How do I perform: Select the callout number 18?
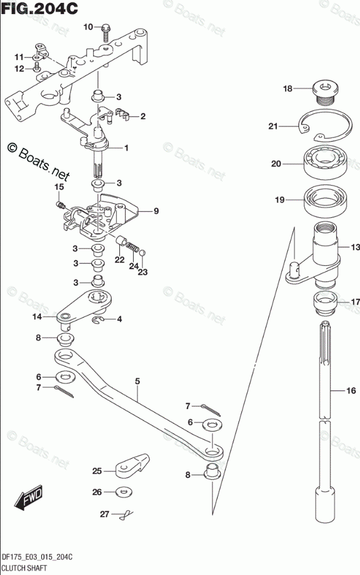pos(288,88)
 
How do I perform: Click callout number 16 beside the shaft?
pos(351,392)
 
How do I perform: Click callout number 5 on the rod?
pos(137,382)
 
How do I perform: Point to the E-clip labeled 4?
pos(101,320)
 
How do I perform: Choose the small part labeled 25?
pos(130,466)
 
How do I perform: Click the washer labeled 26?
pos(123,492)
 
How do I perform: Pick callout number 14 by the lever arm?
pos(37,317)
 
